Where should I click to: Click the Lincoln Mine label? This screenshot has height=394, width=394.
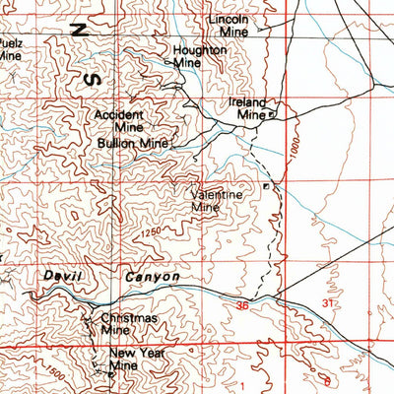pyautogui.click(x=228, y=26)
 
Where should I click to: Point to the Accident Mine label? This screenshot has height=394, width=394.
pyautogui.click(x=118, y=120)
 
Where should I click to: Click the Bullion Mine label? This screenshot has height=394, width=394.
pyautogui.click(x=132, y=144)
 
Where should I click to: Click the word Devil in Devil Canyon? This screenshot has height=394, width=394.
pyautogui.click(x=61, y=279)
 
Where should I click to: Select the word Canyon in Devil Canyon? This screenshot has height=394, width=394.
pyautogui.click(x=153, y=279)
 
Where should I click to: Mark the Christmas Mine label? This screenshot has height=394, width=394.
pyautogui.click(x=128, y=324)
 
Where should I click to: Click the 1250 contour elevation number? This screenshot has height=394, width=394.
pyautogui.click(x=150, y=232)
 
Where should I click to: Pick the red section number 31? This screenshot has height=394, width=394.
pyautogui.click(x=328, y=303)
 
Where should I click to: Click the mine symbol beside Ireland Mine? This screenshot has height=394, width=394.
pyautogui.click(x=273, y=115)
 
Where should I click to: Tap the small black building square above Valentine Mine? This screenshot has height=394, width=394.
pyautogui.click(x=265, y=184)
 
